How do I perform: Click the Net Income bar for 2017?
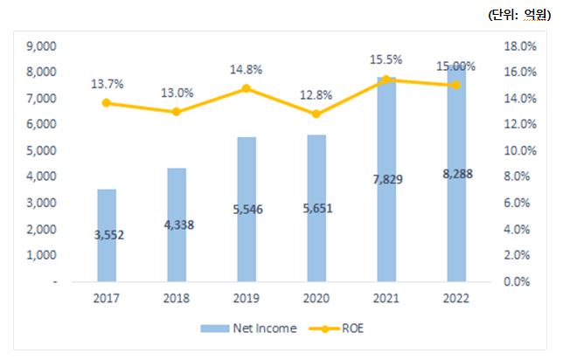pos(106,235)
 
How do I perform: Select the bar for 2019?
pos(247,209)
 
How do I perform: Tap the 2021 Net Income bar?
pos(386,179)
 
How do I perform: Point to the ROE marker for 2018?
pos(177,112)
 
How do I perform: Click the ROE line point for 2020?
pos(316,114)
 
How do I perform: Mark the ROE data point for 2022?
pos(456,85)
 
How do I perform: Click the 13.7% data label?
pos(107,84)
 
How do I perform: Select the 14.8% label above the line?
pos(247,70)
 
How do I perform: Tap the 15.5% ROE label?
pos(386,59)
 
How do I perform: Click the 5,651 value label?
pos(316,209)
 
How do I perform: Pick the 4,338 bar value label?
pos(177,225)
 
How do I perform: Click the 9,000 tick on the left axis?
pos(43,45)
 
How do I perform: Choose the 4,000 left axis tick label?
pos(43,177)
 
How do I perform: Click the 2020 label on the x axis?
pos(316,298)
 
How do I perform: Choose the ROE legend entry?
pos(344,329)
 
